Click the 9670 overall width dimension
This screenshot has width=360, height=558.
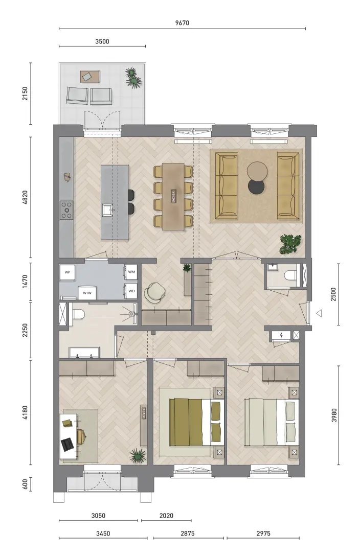click(182, 23)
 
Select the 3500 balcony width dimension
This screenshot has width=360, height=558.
click(102, 41)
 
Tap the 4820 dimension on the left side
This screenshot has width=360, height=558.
click(25, 198)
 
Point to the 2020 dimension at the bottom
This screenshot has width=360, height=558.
click(166, 515)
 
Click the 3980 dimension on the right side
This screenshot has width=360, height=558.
click(334, 415)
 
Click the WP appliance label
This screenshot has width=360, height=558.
click(67, 272)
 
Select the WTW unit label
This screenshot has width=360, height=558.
click(87, 293)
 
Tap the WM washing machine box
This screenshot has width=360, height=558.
click(131, 272)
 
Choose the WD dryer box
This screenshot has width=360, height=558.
click(131, 291)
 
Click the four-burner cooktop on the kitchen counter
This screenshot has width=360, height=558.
click(66, 210)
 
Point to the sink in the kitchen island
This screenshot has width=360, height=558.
click(107, 210)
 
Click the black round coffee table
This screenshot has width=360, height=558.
click(256, 187)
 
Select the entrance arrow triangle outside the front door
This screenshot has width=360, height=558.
click(320, 313)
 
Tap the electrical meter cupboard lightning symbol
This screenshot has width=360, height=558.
click(281, 335)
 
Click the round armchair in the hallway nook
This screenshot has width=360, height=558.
click(155, 292)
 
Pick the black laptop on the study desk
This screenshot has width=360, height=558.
click(67, 445)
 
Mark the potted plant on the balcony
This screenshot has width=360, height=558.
click(133, 78)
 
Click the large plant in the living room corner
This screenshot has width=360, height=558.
click(290, 244)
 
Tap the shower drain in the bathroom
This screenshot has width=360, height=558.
click(132, 314)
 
